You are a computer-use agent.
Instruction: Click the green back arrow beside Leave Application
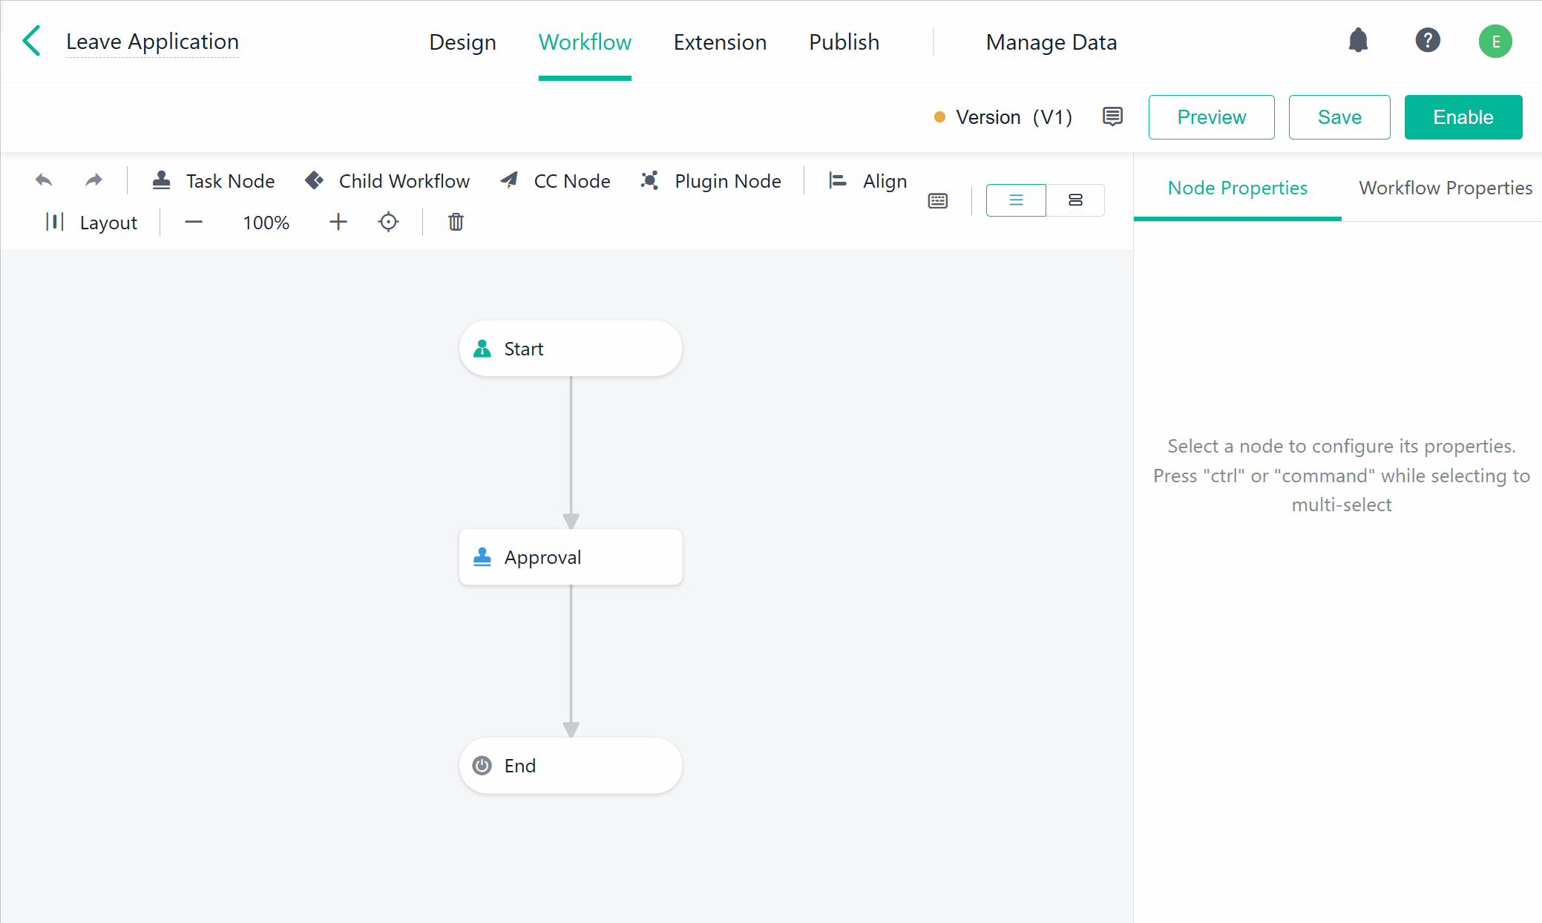click(32, 41)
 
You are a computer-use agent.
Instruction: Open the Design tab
click(462, 42)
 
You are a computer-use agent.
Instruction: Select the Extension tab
click(720, 42)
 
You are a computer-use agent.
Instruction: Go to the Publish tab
click(844, 42)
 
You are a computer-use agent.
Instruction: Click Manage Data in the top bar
click(1051, 42)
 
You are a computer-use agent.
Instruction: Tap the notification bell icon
click(1358, 40)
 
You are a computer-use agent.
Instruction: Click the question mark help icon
click(1427, 40)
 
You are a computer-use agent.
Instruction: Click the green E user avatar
click(1495, 42)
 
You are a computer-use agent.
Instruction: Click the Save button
click(1339, 117)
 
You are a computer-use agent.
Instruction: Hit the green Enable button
click(1463, 117)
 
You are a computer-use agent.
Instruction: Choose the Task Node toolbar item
click(214, 181)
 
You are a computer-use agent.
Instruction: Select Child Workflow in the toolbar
click(387, 181)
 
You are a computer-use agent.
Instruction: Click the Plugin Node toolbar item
click(711, 181)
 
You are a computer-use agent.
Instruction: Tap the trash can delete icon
click(456, 222)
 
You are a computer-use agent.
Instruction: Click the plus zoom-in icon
click(338, 222)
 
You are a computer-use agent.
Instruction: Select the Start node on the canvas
click(571, 349)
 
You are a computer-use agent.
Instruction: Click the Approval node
click(571, 557)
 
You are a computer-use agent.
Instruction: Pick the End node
click(571, 766)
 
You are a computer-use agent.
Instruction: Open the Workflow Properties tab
click(1445, 188)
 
